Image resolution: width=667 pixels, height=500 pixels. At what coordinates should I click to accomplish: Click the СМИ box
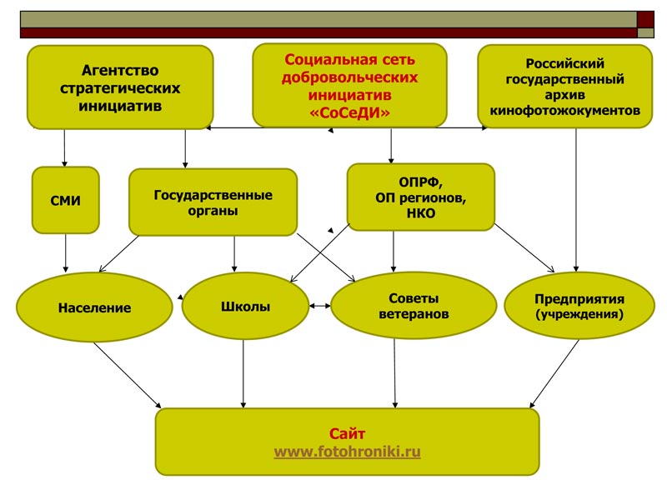point(65,200)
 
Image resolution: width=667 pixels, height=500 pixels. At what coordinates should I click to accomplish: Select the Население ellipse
point(94,307)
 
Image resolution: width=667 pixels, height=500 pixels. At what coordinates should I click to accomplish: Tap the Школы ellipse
point(245,306)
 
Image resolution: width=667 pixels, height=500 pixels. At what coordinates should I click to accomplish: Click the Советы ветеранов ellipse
point(414,306)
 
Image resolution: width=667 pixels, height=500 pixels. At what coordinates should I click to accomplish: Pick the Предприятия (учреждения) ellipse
point(579,307)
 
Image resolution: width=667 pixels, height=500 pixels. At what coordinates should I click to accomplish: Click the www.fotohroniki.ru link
point(347,452)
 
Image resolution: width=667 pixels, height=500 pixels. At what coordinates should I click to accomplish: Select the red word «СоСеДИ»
point(349,112)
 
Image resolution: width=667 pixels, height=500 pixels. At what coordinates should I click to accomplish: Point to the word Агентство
point(120,71)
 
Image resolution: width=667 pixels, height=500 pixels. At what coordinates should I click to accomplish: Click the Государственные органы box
point(213,202)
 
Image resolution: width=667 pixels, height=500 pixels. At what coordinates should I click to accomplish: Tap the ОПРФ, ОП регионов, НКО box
point(420,197)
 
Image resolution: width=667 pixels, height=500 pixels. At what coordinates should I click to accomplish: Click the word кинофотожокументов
point(564,110)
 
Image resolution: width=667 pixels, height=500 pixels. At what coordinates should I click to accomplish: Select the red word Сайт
point(347,434)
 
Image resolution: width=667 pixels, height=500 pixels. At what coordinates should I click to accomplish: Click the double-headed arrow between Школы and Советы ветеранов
point(319,306)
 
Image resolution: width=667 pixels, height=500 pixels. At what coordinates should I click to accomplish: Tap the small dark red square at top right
point(645,18)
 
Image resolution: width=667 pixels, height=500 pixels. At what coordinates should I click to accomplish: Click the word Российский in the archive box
point(564,64)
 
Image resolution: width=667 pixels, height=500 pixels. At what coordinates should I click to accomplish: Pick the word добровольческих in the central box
point(349,77)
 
